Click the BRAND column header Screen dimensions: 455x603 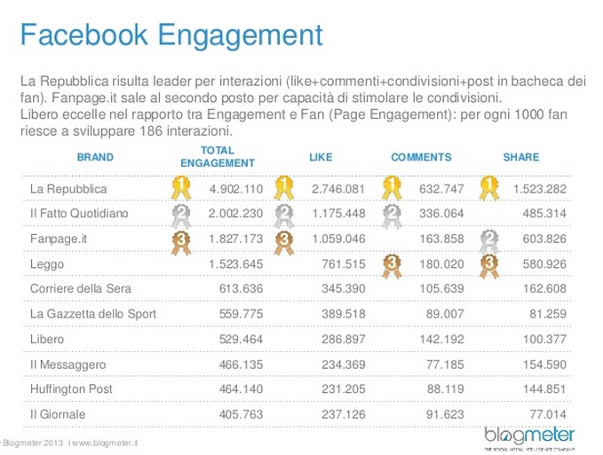(x=96, y=157)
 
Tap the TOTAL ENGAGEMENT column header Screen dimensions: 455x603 (x=218, y=157)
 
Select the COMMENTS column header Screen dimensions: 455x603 (x=421, y=157)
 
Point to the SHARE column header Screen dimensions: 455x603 (x=521, y=157)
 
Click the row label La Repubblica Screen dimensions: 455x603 (x=68, y=190)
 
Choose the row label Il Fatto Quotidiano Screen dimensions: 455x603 (x=81, y=214)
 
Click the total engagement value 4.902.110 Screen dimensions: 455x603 (x=236, y=190)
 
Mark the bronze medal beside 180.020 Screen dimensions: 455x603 (x=388, y=263)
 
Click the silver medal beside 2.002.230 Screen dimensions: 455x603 (x=181, y=214)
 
